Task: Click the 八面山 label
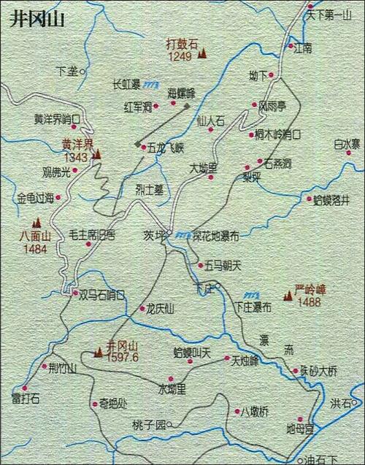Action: tap(34, 236)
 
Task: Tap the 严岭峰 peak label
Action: tap(310, 290)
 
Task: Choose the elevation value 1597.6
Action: tap(122, 357)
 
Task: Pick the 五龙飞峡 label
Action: tap(166, 147)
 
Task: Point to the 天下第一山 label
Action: tap(330, 13)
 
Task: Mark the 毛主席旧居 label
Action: tap(92, 234)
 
